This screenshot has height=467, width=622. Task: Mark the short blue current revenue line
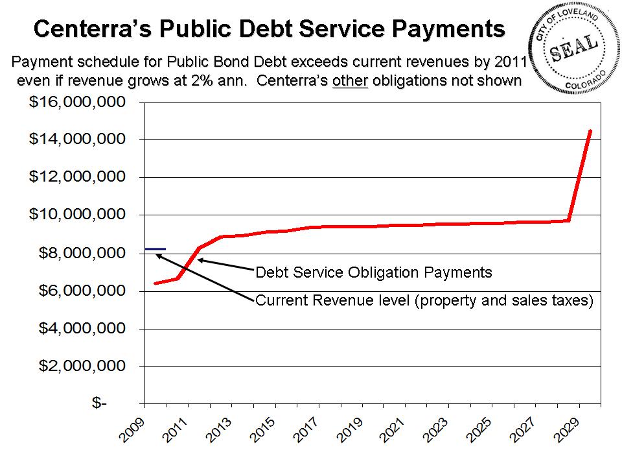[x=155, y=248]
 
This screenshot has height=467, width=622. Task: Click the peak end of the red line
[x=590, y=131]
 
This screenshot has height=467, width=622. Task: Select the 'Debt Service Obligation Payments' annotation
[x=374, y=272]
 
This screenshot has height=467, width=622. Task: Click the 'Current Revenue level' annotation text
[x=424, y=300]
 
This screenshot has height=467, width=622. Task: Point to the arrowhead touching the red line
[x=200, y=259]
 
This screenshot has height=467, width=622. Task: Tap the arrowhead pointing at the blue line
[x=157, y=254]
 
